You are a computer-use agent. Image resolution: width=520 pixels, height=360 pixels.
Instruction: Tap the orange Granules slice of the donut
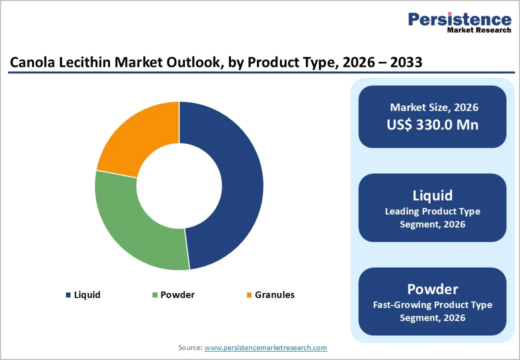tap(140, 135)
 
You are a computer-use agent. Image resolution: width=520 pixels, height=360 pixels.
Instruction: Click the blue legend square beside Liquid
tap(68, 295)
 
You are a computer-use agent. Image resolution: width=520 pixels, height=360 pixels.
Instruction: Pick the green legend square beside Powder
tap(155, 295)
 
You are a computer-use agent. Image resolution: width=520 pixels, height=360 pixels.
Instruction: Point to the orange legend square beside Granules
tap(249, 295)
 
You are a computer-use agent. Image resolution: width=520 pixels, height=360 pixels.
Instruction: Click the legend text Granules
tap(274, 295)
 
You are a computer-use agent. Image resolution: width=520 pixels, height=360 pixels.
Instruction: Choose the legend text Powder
tap(177, 295)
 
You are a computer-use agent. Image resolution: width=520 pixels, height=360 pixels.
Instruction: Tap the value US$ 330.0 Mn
tap(432, 124)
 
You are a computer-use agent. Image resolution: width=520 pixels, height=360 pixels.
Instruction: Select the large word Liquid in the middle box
tap(432, 195)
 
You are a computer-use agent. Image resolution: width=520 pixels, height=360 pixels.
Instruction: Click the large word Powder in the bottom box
tap(432, 289)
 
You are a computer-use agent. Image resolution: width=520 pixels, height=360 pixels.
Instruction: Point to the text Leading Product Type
tap(432, 211)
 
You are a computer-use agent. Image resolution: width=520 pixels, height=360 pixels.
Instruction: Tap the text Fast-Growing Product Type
tap(432, 305)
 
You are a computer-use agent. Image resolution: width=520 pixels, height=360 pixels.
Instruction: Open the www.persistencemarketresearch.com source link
tap(265, 347)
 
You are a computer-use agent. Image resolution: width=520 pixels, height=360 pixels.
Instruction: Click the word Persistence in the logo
tap(459, 19)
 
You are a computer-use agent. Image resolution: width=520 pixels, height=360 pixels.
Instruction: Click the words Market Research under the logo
tap(479, 30)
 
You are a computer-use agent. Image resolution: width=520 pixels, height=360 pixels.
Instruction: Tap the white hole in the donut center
tap(179, 186)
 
